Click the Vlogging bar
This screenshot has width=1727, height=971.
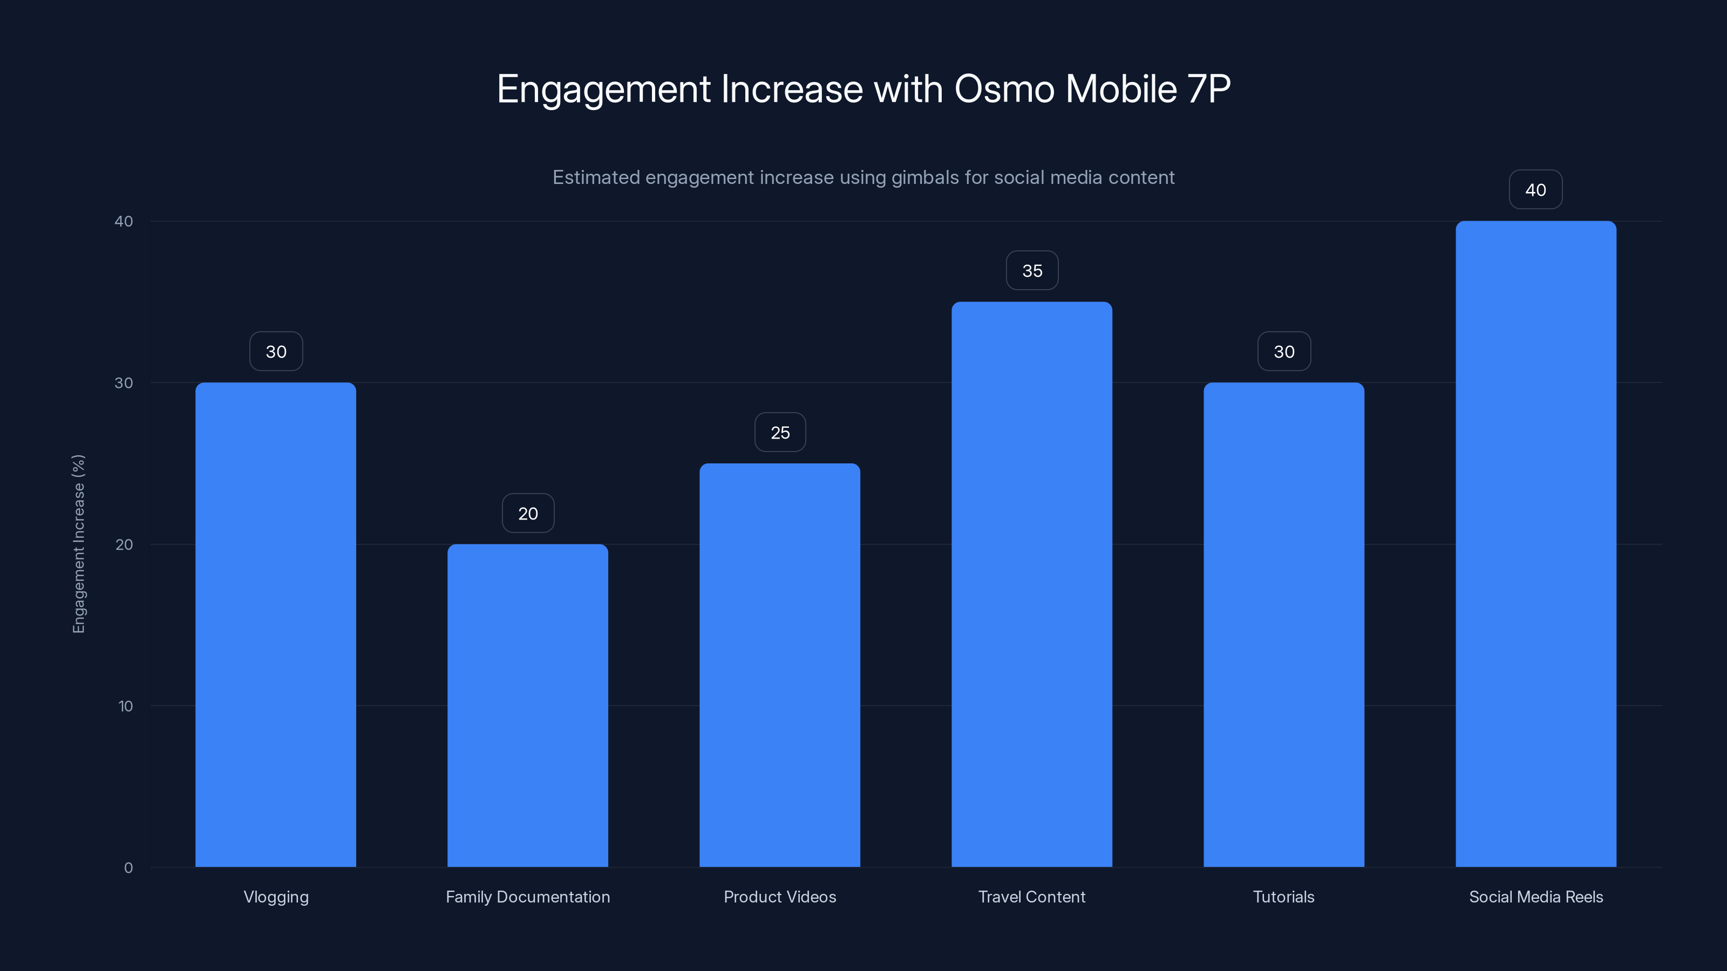click(276, 625)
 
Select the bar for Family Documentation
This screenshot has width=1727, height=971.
click(528, 705)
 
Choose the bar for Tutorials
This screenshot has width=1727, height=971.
click(1284, 625)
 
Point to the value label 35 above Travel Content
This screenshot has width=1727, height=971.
click(1032, 271)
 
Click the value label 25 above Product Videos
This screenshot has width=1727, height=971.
click(780, 432)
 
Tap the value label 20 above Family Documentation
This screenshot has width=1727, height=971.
click(528, 514)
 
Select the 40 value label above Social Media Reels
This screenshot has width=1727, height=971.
click(1535, 190)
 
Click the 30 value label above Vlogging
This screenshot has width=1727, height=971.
click(276, 351)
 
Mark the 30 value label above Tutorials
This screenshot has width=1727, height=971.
click(1284, 351)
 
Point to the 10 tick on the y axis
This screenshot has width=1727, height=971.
click(125, 706)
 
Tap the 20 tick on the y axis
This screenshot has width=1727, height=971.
click(124, 544)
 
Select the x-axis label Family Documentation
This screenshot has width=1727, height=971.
click(528, 897)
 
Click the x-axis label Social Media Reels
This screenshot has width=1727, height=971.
click(1536, 897)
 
